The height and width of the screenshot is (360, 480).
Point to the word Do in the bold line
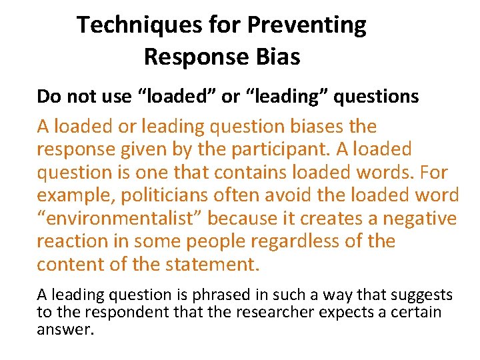(48, 97)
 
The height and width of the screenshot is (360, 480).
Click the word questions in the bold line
(376, 97)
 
